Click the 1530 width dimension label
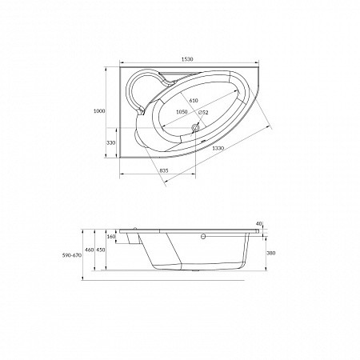click(187, 59)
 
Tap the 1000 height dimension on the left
click(99, 111)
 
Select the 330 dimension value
click(111, 142)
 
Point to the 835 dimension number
click(164, 170)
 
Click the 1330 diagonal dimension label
click(218, 148)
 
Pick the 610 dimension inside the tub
click(194, 101)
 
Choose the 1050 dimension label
click(182, 112)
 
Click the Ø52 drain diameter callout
click(203, 113)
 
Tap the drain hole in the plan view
click(195, 128)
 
